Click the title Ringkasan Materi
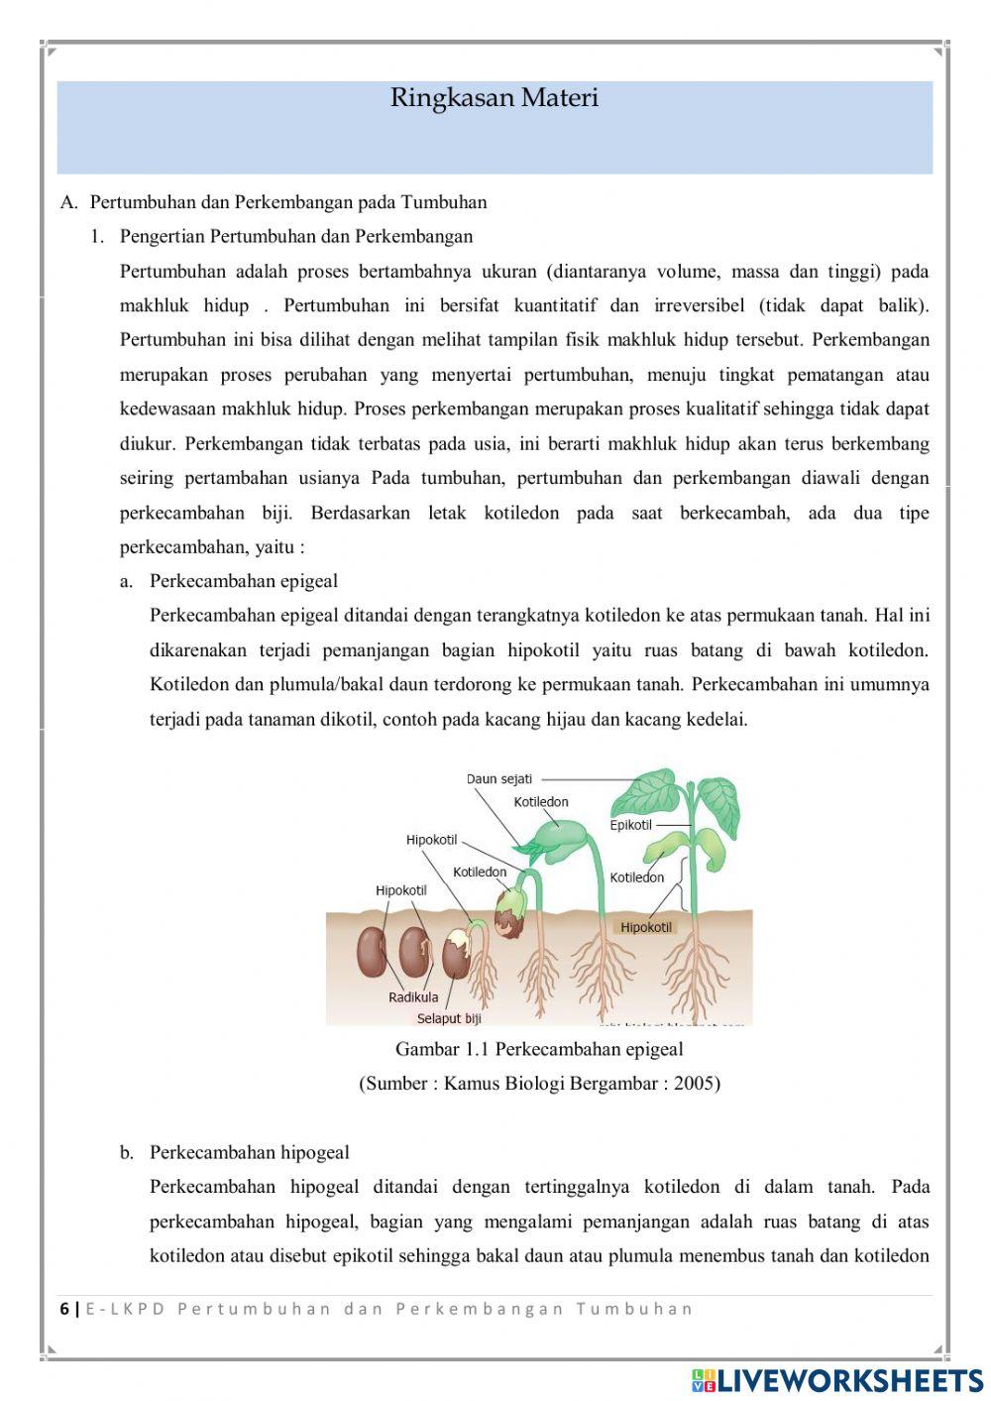(494, 98)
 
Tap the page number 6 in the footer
(64, 1309)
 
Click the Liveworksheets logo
(836, 1380)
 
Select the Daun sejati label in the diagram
(498, 779)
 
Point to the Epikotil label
(630, 825)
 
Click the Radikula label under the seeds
(413, 997)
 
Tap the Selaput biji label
(449, 1018)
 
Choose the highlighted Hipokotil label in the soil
(645, 928)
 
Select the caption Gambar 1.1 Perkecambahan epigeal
(539, 1049)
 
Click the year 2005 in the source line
(694, 1084)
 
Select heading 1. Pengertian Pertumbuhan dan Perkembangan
(295, 236)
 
